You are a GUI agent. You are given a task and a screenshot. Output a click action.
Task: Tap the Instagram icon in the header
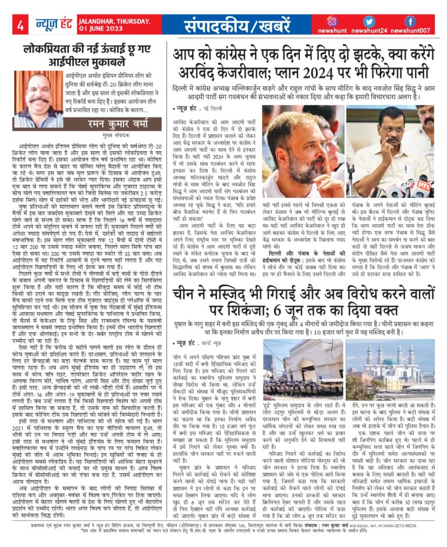coord(332,21)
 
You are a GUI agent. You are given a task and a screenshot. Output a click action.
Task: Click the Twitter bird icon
coord(371,21)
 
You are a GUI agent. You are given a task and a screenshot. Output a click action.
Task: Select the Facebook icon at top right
coord(410,21)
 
